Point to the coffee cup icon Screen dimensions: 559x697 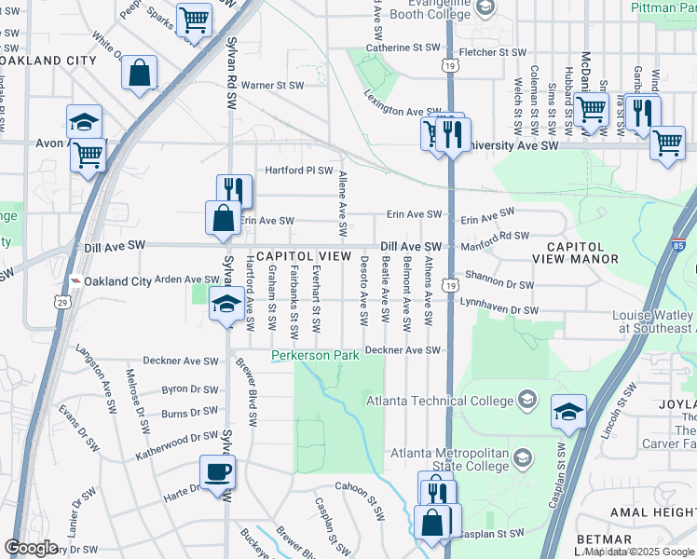(x=218, y=471)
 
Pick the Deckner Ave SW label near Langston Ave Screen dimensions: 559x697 (x=179, y=361)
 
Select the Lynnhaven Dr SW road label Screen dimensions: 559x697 (x=499, y=308)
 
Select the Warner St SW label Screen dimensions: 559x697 (x=273, y=85)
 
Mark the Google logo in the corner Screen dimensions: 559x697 (x=32, y=548)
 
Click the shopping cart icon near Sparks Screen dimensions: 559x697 (x=195, y=19)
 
